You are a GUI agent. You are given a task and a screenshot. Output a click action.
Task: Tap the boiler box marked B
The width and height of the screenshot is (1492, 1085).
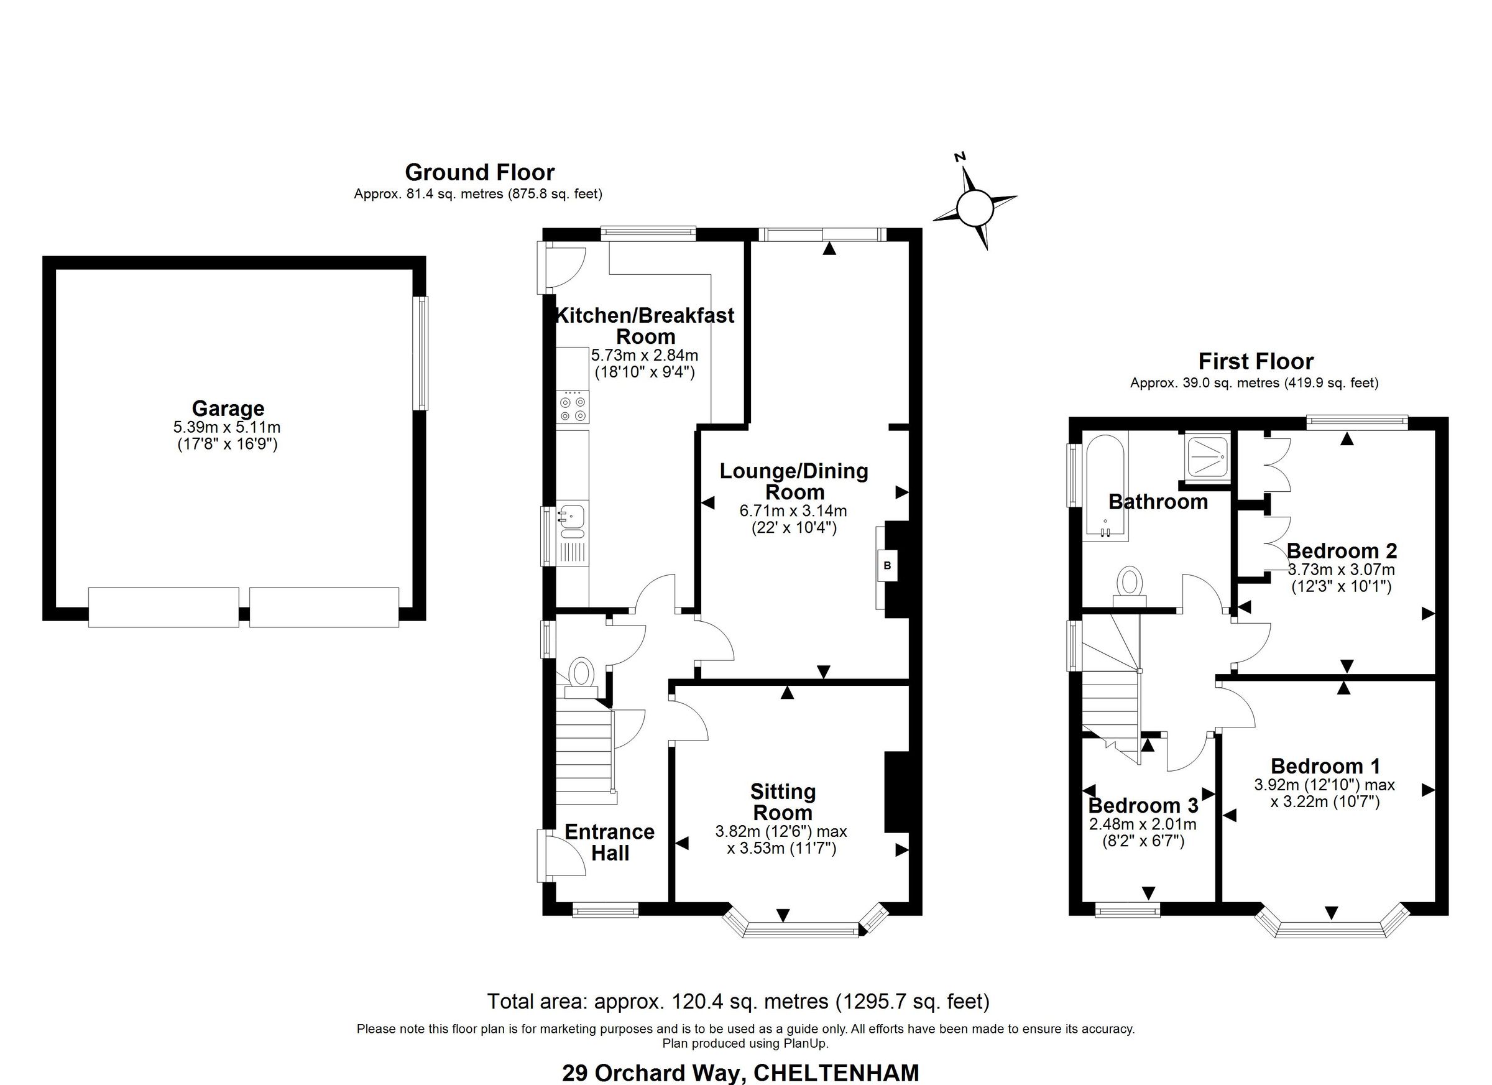tap(886, 565)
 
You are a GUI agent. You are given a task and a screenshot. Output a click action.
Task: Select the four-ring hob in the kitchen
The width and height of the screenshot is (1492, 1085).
tap(572, 407)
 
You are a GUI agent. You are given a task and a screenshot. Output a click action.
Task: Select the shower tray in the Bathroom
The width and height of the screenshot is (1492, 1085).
tap(1206, 456)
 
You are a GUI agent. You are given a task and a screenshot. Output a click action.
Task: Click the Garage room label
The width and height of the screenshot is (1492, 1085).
tap(228, 409)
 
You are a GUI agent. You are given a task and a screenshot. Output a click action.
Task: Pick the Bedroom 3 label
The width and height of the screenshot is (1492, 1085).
tap(1143, 805)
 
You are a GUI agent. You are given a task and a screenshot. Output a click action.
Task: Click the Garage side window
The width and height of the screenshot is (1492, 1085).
tap(420, 353)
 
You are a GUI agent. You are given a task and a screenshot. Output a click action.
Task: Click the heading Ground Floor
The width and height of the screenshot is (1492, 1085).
tap(479, 172)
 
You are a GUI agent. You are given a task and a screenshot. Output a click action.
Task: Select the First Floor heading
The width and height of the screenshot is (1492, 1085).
tap(1255, 361)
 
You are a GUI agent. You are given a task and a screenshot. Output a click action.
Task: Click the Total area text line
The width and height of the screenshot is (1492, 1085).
tap(737, 1002)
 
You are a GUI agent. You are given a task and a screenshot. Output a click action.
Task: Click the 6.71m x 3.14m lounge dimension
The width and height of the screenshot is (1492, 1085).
tap(793, 510)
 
